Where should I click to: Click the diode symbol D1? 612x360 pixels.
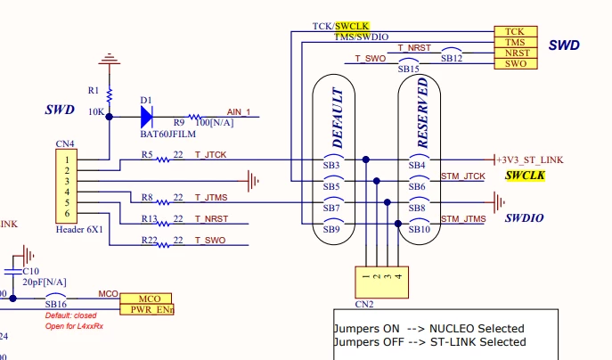(x=147, y=117)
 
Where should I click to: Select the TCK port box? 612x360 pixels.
(x=516, y=31)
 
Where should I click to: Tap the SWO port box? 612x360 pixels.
(x=516, y=63)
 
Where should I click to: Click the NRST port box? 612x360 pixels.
(x=516, y=53)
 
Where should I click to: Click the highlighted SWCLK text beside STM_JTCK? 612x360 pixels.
(x=525, y=176)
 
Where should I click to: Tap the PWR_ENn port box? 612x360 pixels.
(x=147, y=309)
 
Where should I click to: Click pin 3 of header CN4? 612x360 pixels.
(x=67, y=181)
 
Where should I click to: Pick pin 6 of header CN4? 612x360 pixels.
(x=67, y=213)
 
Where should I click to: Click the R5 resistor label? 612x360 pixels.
(x=147, y=155)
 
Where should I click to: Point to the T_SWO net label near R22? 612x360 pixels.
(x=210, y=240)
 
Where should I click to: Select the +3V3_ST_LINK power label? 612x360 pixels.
(x=530, y=160)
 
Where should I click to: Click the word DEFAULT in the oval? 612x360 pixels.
(x=338, y=118)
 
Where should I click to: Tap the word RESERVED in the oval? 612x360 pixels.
(x=422, y=113)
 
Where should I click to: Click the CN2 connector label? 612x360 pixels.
(x=364, y=304)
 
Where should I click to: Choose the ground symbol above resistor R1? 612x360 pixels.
(x=110, y=59)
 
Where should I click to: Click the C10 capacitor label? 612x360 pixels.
(x=31, y=271)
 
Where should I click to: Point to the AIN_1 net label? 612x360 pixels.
(x=239, y=112)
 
